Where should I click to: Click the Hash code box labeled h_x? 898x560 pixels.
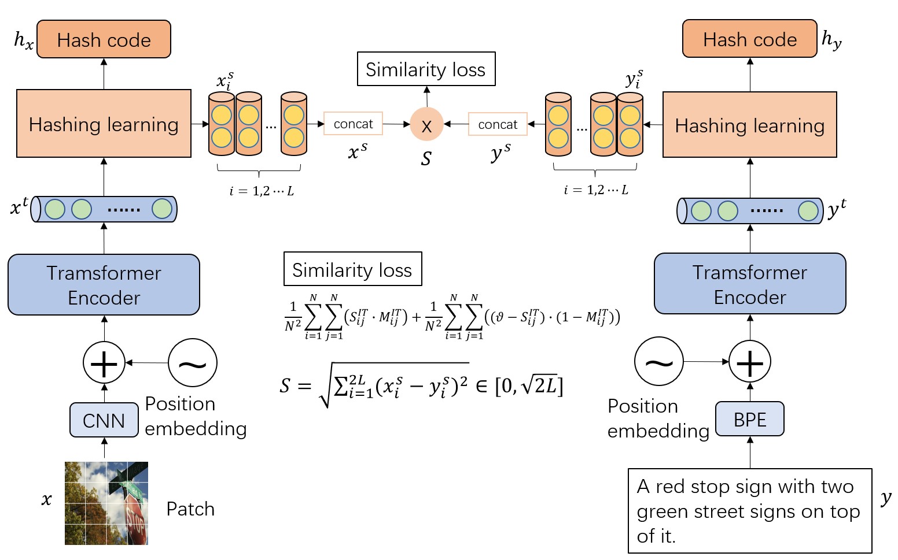(104, 39)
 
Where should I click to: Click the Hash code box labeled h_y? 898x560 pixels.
(749, 39)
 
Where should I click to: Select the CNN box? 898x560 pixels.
(104, 420)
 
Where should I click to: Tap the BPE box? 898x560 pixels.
(750, 419)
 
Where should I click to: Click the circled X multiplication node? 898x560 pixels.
(426, 125)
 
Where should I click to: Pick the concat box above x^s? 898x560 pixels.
(353, 124)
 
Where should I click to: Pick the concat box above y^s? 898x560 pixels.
(498, 124)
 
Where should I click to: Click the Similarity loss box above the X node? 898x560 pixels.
(426, 69)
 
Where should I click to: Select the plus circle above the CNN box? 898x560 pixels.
(104, 363)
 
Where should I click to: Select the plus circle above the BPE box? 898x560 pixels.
(750, 362)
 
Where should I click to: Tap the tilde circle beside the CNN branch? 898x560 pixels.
(193, 363)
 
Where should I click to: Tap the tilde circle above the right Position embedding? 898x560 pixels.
(659, 362)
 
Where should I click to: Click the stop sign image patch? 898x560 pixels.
(106, 503)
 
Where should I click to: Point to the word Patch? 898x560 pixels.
(190, 509)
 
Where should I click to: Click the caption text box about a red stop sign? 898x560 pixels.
(750, 511)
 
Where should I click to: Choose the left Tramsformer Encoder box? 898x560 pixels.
(104, 285)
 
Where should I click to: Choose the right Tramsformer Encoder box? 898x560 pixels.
(750, 284)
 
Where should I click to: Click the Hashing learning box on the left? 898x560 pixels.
(104, 124)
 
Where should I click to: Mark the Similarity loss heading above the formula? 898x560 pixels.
(352, 269)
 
